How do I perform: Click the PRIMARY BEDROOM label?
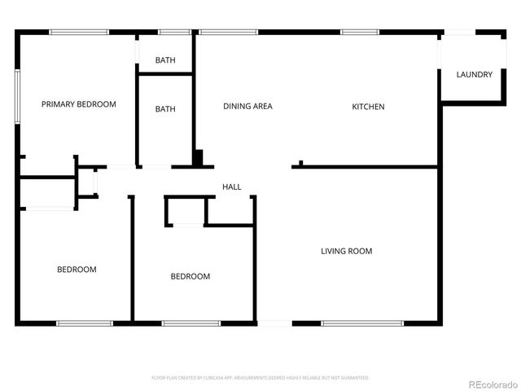pyautogui.click(x=79, y=104)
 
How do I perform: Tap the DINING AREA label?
pyautogui.click(x=247, y=107)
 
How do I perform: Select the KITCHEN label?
pyautogui.click(x=368, y=107)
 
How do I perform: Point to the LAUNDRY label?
pyautogui.click(x=474, y=75)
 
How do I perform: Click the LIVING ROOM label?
pyautogui.click(x=346, y=251)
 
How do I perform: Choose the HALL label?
pyautogui.click(x=232, y=187)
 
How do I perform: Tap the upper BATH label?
pyautogui.click(x=165, y=60)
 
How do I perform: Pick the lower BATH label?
pyautogui.click(x=165, y=109)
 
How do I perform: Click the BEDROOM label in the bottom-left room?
pyautogui.click(x=77, y=270)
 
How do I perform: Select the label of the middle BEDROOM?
pyautogui.click(x=190, y=276)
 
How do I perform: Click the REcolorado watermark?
pyautogui.click(x=490, y=384)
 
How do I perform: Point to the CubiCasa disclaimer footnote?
pyautogui.click(x=260, y=378)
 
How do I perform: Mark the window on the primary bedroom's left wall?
pyautogui.click(x=17, y=96)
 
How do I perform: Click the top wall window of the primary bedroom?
pyautogui.click(x=79, y=32)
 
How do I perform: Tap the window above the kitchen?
pyautogui.click(x=360, y=32)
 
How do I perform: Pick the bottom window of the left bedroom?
pyautogui.click(x=84, y=323)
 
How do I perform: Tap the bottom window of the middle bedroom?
pyautogui.click(x=191, y=323)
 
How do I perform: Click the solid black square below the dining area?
pyautogui.click(x=198, y=157)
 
